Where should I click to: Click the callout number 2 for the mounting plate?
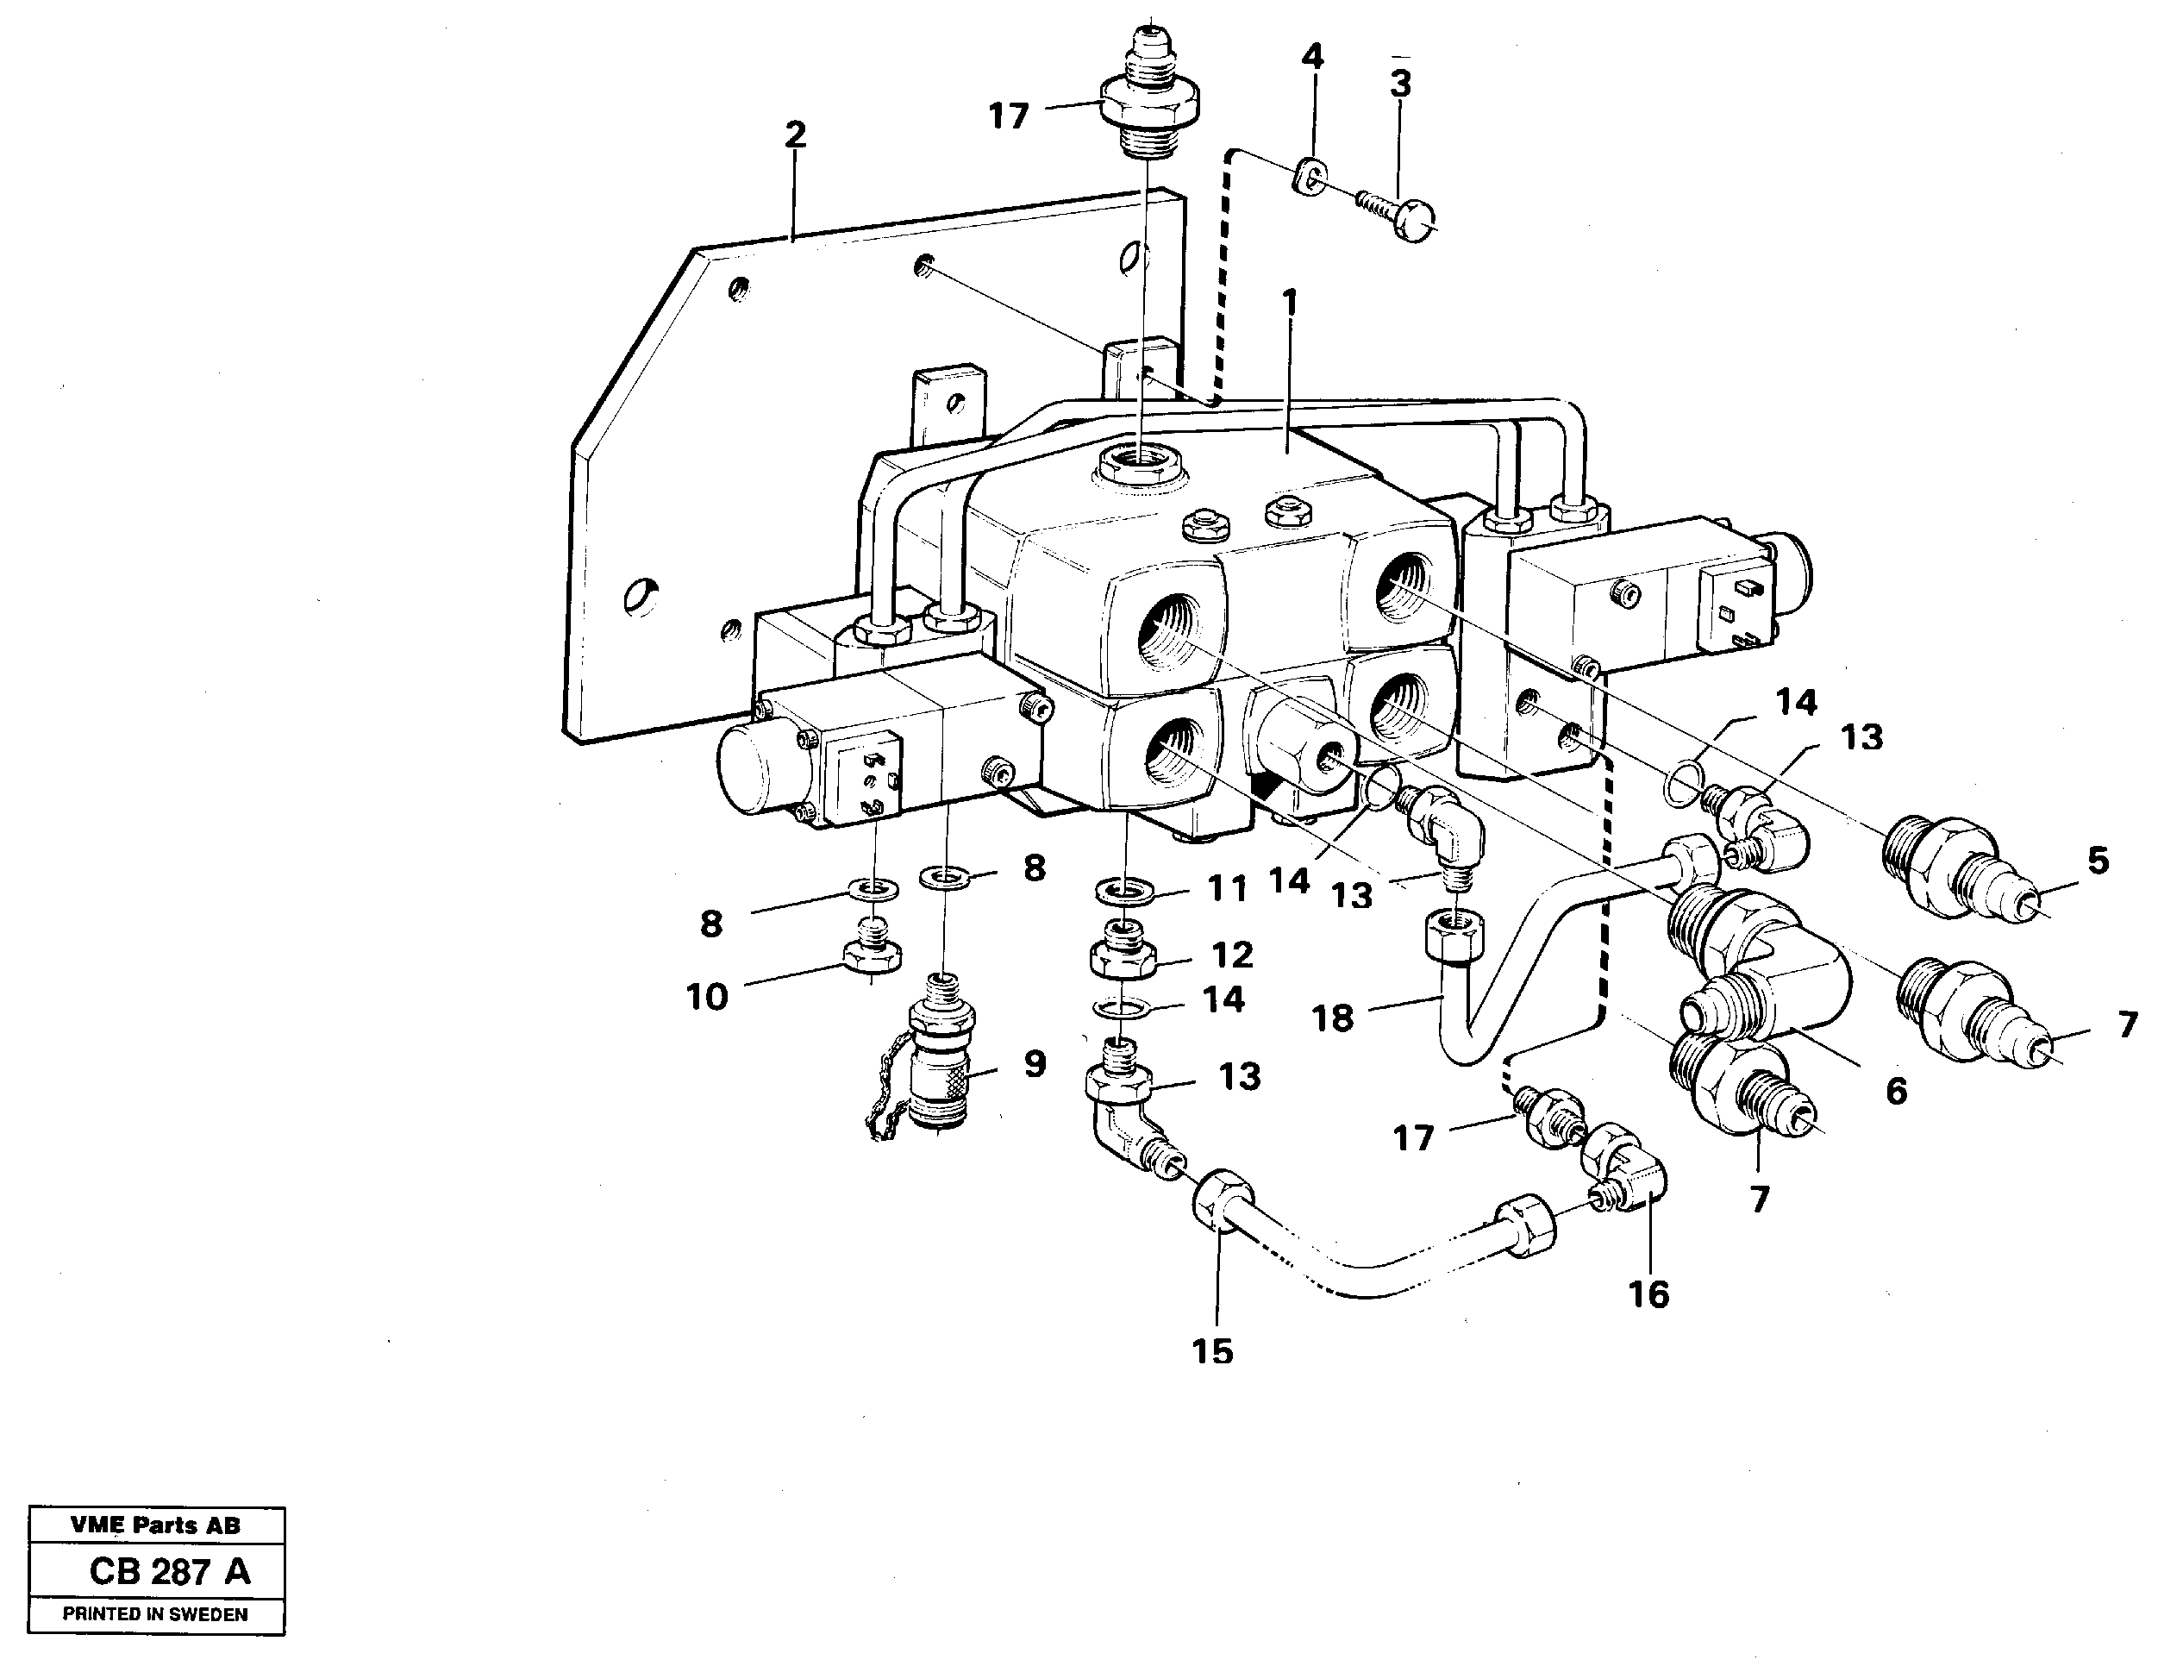pyautogui.click(x=796, y=135)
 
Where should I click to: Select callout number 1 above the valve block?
pyautogui.click(x=1287, y=303)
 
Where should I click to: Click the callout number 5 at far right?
pyautogui.click(x=2099, y=860)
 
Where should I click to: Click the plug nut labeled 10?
pyautogui.click(x=871, y=955)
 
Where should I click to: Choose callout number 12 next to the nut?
pyautogui.click(x=1232, y=955)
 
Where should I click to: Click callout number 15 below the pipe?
pyautogui.click(x=1212, y=1350)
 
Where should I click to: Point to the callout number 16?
pyautogui.click(x=1648, y=1294)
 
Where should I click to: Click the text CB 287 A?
pyautogui.click(x=169, y=1571)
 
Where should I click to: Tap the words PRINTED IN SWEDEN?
pyautogui.click(x=155, y=1614)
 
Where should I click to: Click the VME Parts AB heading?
pyautogui.click(x=155, y=1525)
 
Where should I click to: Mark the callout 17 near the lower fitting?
pyautogui.click(x=1413, y=1138)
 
